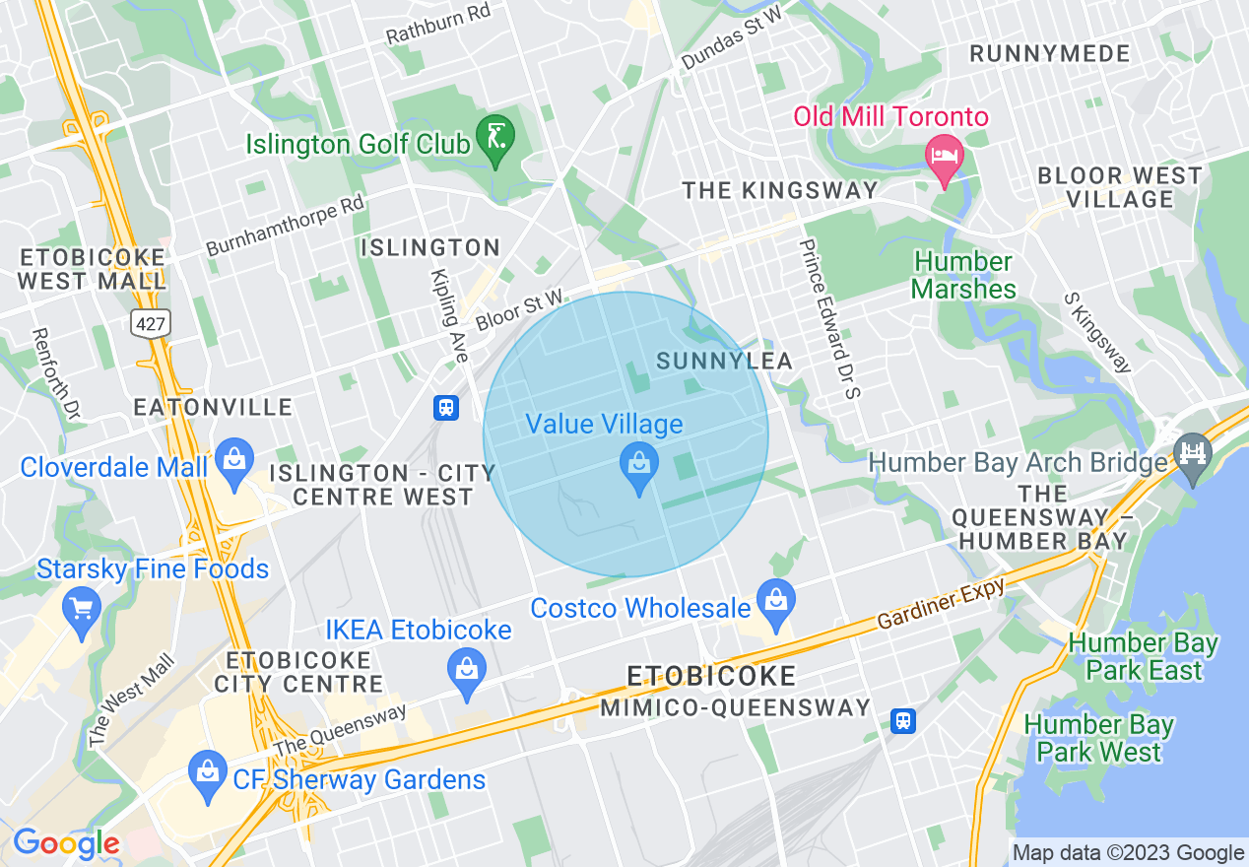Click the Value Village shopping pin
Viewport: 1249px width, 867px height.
coord(639,463)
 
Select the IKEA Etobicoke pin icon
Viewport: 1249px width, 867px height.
coord(467,670)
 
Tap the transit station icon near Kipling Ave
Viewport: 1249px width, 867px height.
coord(446,407)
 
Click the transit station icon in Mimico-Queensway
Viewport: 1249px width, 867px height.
coord(902,721)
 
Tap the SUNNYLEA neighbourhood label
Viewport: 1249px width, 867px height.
coord(724,362)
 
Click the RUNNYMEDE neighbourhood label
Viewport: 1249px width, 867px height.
coord(1049,54)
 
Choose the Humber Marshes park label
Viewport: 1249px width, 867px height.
coord(963,276)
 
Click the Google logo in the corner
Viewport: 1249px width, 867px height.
coord(66,843)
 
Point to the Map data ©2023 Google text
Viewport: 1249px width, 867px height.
coord(1128,853)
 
